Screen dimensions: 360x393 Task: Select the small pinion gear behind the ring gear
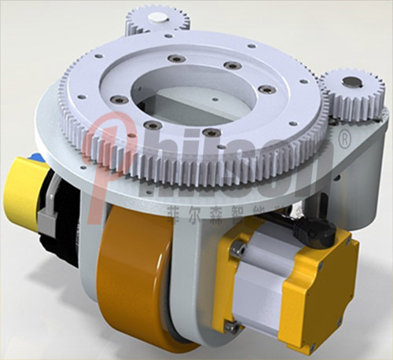[x=157, y=19]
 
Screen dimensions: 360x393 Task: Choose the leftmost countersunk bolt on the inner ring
[x=118, y=99]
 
